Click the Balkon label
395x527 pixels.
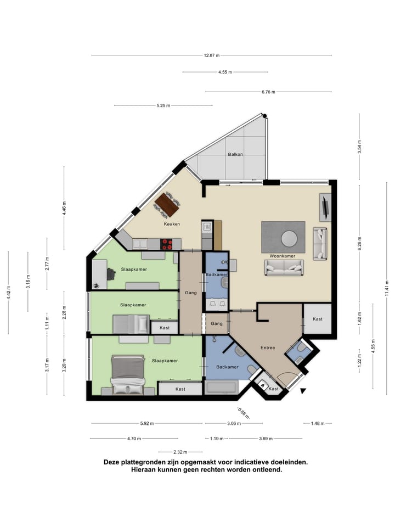235,154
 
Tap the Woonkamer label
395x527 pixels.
283,256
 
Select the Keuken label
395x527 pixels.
172,224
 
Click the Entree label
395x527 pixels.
267,347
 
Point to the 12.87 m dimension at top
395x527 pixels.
211,55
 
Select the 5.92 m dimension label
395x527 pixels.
146,423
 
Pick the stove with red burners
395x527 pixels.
167,243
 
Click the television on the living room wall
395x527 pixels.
326,207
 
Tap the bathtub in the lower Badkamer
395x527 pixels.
221,388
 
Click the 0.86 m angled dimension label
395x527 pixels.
242,412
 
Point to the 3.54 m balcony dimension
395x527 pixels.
359,147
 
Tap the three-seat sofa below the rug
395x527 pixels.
284,267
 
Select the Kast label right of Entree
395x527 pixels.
317,319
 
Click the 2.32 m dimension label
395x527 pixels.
180,452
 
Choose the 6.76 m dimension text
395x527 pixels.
268,92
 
